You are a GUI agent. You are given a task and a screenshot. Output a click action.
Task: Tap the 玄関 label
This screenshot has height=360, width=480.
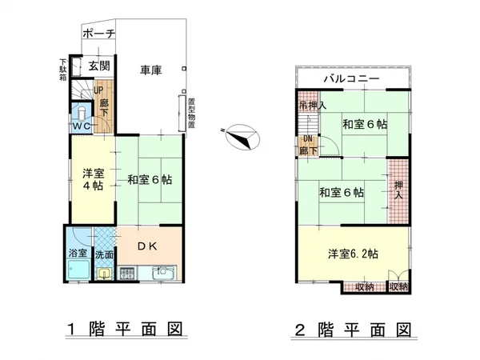point(98,66)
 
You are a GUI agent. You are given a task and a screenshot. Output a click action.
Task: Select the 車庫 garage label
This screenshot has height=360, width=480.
point(150,70)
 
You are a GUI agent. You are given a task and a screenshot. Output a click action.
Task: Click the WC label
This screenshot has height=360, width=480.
point(81,126)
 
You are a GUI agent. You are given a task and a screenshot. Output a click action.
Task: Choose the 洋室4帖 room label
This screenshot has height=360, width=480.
point(92,178)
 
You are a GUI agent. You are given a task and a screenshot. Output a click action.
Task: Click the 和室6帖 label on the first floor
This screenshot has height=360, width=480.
point(150,180)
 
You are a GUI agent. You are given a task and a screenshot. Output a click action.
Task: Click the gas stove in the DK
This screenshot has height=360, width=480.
point(128,274)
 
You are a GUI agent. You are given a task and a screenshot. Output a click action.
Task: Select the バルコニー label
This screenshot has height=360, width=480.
point(351,79)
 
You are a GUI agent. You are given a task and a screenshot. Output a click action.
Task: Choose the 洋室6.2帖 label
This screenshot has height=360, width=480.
point(352,253)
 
